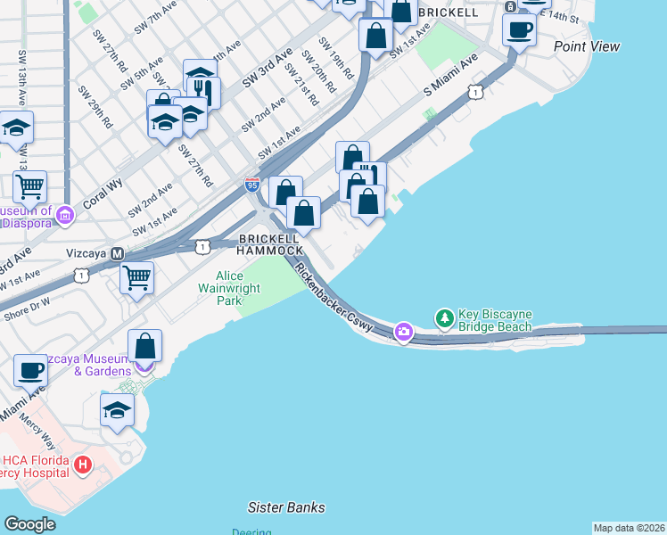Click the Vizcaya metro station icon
click(117, 253)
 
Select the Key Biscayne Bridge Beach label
click(495, 321)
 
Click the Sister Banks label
click(286, 507)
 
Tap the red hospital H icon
click(83, 465)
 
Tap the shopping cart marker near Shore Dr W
click(136, 277)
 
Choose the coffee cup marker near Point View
click(519, 29)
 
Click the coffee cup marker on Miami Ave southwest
click(30, 370)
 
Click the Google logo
click(30, 524)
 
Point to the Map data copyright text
click(629, 528)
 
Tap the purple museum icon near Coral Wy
click(64, 215)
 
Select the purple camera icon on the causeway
click(404, 332)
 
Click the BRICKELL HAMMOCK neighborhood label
click(268, 246)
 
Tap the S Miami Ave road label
click(451, 75)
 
